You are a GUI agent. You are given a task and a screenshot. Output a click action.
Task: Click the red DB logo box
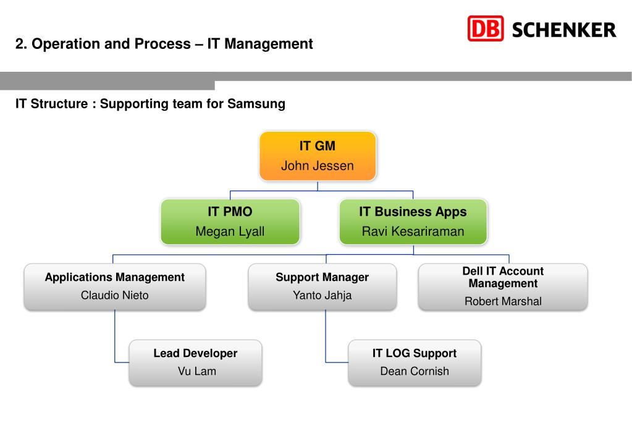pyautogui.click(x=486, y=29)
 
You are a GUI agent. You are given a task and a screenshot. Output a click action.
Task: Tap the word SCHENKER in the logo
pyautogui.click(x=563, y=30)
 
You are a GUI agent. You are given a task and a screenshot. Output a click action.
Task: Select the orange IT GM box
pyautogui.click(x=318, y=156)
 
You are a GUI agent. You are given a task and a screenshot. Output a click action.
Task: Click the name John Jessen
pyautogui.click(x=318, y=166)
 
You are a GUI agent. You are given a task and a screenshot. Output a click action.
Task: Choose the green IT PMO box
pyautogui.click(x=230, y=221)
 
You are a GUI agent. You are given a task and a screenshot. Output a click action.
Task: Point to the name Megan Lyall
pyautogui.click(x=230, y=232)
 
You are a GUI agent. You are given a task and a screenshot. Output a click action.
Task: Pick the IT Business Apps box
pyautogui.click(x=413, y=221)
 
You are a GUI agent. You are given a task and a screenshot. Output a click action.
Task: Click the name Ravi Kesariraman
pyautogui.click(x=413, y=232)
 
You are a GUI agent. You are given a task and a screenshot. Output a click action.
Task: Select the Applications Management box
pyautogui.click(x=115, y=286)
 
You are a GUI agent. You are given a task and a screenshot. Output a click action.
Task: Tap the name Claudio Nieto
pyautogui.click(x=115, y=295)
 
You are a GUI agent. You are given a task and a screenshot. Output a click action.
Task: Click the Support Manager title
pyautogui.click(x=322, y=277)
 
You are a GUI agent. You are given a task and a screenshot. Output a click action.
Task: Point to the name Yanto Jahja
pyautogui.click(x=322, y=295)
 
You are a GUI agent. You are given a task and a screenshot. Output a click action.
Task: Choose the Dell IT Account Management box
pyautogui.click(x=502, y=286)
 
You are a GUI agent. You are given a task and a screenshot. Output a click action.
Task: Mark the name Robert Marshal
pyautogui.click(x=503, y=302)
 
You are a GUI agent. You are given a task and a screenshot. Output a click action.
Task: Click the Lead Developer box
pyautogui.click(x=195, y=362)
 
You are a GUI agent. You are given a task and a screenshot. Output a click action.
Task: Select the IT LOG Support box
pyautogui.click(x=414, y=362)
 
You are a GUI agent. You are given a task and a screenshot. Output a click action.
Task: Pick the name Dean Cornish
pyautogui.click(x=415, y=371)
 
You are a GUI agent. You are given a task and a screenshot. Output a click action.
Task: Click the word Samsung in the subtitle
pyautogui.click(x=256, y=104)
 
